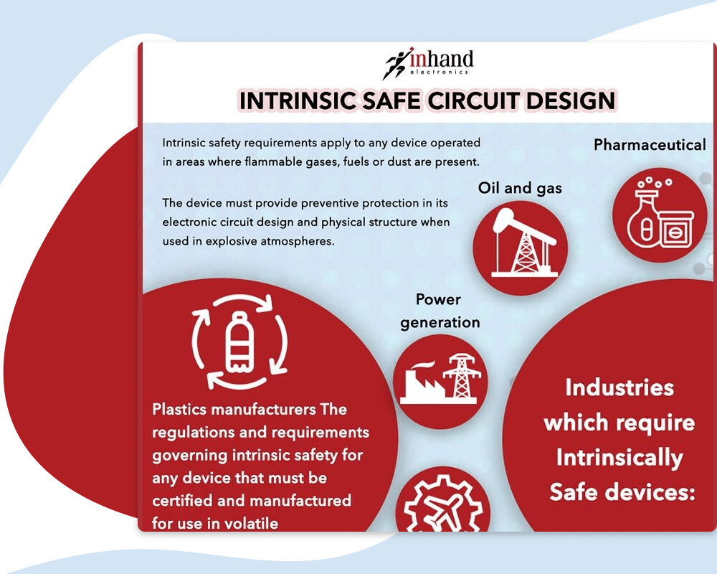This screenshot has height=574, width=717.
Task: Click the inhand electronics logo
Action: click(428, 62)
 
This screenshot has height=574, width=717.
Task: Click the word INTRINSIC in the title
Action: click(297, 100)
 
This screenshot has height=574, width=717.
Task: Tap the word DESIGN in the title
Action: click(571, 100)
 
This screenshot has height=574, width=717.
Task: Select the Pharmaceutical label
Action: click(650, 145)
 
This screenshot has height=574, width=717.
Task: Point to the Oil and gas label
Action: click(520, 188)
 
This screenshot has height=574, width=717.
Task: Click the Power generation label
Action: click(440, 311)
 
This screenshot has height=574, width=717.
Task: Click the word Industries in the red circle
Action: click(619, 387)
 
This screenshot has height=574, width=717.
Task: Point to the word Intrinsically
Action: click(619, 458)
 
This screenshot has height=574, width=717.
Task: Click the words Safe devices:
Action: click(622, 492)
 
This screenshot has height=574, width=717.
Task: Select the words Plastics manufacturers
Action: click(234, 409)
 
